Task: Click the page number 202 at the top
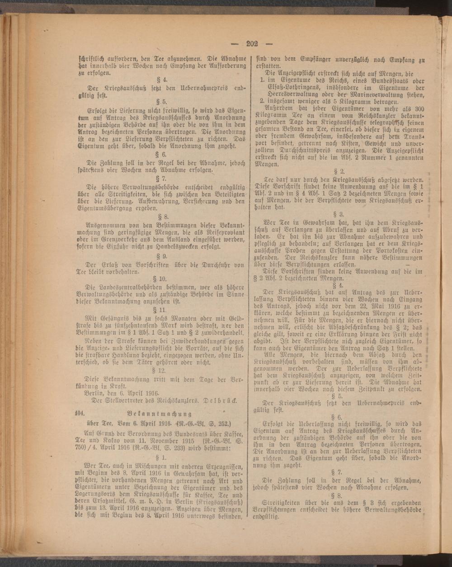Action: tap(251, 44)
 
